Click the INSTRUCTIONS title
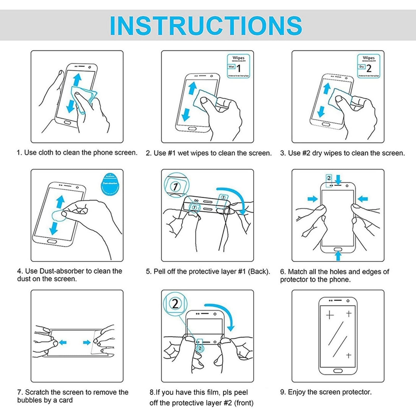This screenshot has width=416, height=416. [206, 25]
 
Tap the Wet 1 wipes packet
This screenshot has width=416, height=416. [238, 66]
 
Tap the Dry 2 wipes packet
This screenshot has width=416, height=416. [368, 66]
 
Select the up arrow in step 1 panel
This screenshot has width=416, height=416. [77, 80]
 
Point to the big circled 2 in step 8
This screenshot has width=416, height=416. [175, 303]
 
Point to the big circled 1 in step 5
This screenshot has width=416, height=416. [175, 186]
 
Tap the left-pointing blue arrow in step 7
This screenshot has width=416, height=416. [63, 342]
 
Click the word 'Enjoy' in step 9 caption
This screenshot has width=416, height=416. [297, 392]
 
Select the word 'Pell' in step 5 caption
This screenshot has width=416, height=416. [159, 271]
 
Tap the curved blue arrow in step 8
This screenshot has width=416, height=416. [224, 315]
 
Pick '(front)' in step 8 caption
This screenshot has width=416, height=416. [244, 403]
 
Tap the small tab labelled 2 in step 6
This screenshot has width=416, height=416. [329, 178]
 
